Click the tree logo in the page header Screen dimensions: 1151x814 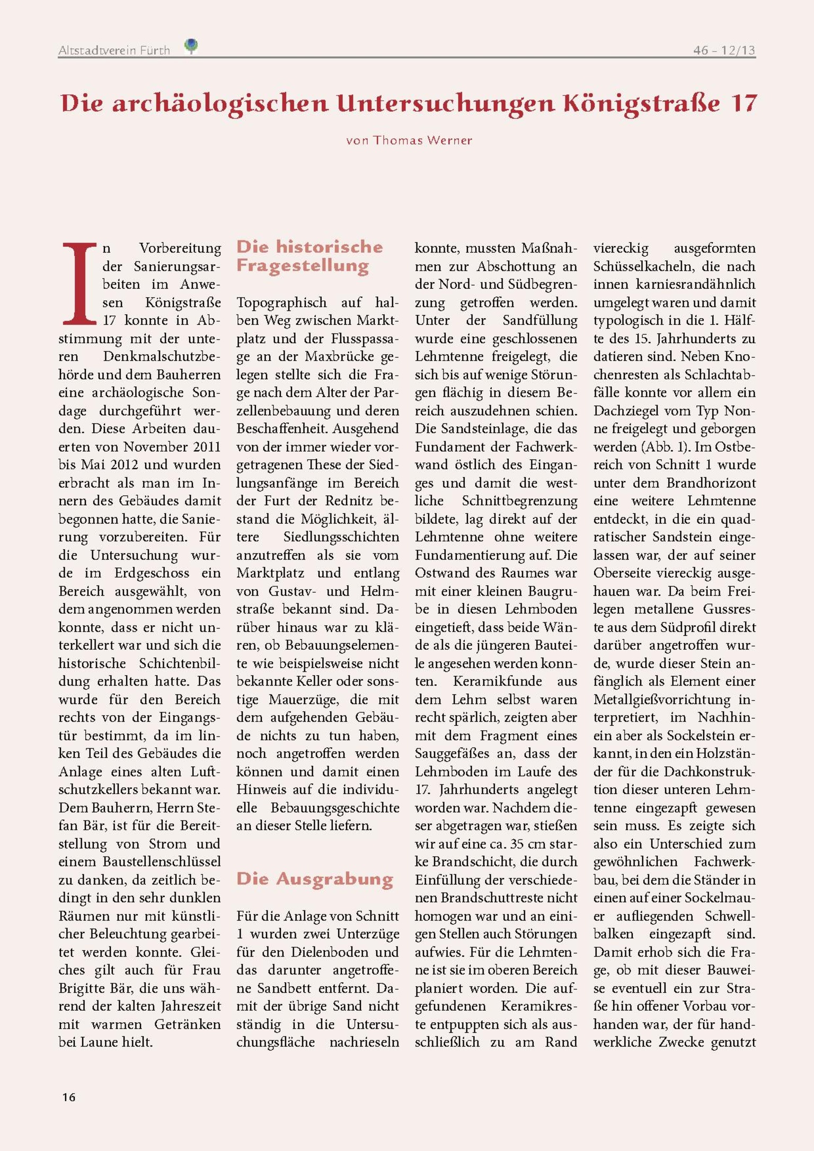pyautogui.click(x=191, y=46)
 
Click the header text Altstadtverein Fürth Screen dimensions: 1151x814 pyautogui.click(x=114, y=51)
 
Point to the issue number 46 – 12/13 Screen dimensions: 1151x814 pyautogui.click(x=724, y=50)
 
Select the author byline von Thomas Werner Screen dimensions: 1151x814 pyautogui.click(x=409, y=140)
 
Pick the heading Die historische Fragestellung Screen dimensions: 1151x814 pyautogui.click(x=309, y=256)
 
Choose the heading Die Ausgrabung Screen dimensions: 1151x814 pyautogui.click(x=315, y=879)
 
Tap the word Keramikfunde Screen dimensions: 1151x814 pyautogui.click(x=498, y=681)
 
